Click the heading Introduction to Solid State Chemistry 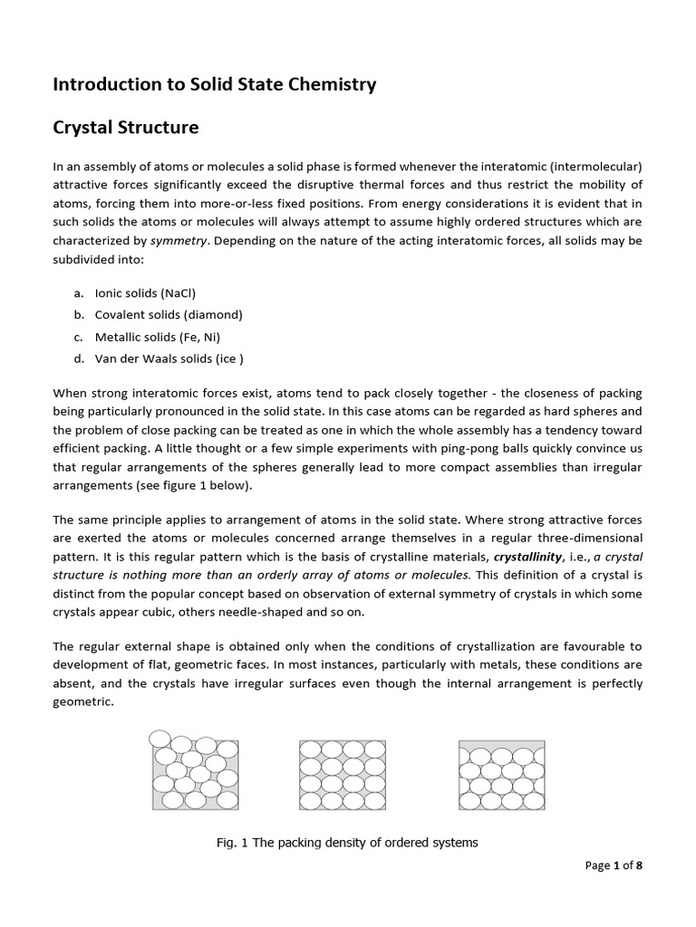pyautogui.click(x=214, y=85)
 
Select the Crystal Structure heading pyautogui.click(x=125, y=128)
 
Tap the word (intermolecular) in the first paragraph pyautogui.click(x=590, y=167)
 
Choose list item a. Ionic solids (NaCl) pyautogui.click(x=145, y=292)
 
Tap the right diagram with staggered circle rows pyautogui.click(x=501, y=775)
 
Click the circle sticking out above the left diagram pyautogui.click(x=159, y=737)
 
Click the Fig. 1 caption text pyautogui.click(x=347, y=843)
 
